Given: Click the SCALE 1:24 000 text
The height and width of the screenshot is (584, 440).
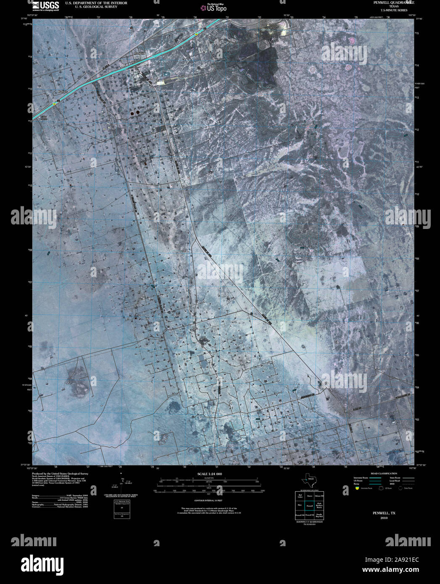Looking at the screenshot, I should pos(209,474).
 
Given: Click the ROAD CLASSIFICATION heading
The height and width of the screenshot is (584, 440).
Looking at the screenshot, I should pos(381,474).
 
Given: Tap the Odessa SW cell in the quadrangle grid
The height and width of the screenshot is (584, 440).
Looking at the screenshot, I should pos(319,496).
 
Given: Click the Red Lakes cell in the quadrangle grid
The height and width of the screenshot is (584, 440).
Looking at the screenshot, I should pos(300,496).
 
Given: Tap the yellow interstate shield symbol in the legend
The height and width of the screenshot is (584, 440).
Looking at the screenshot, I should pos(357,489).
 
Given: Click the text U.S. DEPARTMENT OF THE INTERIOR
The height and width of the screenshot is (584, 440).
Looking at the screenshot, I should pos(96,3).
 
